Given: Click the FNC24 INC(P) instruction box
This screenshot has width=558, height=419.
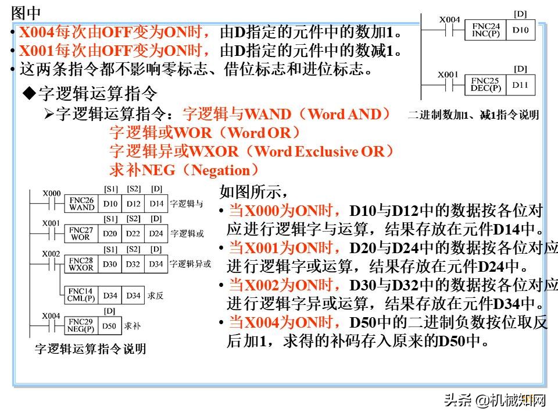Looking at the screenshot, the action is point(485,30).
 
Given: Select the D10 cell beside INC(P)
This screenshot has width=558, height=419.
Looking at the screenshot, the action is point(520,30).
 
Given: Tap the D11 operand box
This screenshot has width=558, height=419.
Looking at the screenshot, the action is point(520,85).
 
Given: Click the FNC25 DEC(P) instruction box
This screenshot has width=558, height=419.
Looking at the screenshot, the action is point(485,85).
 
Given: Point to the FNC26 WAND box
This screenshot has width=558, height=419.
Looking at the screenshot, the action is point(81,204).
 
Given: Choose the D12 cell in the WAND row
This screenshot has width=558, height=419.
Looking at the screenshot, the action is point(133,204).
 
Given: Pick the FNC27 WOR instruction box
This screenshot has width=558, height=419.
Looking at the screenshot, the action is point(81,234).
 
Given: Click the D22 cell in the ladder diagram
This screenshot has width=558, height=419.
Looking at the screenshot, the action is point(133,234).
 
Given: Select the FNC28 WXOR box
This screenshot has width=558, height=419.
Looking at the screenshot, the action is point(81,264).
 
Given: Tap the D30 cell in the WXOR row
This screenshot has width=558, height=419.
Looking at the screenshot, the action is point(110,264).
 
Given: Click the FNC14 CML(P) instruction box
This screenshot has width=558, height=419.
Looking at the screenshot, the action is point(81,296).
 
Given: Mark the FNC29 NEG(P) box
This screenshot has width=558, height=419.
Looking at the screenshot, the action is point(81,326).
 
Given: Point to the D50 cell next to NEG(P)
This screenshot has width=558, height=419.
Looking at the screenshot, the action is point(109,326).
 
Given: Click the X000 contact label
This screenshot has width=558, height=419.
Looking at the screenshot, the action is point(52,193).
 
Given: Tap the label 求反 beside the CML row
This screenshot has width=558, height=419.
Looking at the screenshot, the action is point(156,296).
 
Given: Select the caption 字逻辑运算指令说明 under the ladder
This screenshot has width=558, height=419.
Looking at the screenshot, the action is point(91,349).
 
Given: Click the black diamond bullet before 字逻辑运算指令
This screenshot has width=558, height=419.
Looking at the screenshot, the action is point(29,93).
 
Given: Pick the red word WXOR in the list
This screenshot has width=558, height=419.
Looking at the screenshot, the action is point(213,151).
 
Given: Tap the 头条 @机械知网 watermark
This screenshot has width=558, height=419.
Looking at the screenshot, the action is point(495,400).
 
